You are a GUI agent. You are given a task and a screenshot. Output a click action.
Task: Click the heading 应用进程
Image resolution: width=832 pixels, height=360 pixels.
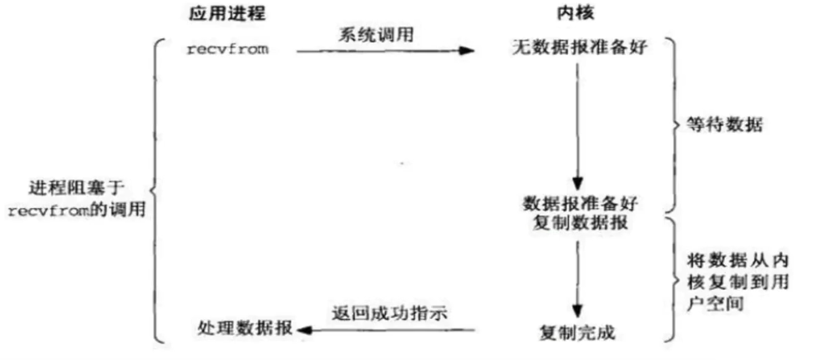click(x=227, y=14)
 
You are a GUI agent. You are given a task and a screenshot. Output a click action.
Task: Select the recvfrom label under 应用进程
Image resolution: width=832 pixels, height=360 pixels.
click(x=228, y=50)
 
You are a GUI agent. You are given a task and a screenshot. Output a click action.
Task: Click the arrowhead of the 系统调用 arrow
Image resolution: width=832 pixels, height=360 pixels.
click(x=466, y=51)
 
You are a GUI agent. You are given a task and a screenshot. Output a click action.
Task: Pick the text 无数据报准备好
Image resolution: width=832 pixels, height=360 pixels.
click(x=580, y=49)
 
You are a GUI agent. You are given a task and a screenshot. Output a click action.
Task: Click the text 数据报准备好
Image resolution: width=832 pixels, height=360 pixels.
click(x=581, y=203)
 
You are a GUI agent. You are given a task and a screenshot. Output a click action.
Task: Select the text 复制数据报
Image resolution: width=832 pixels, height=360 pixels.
click(x=580, y=223)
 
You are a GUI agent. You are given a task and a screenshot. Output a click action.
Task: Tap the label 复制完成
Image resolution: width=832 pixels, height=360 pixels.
click(x=577, y=333)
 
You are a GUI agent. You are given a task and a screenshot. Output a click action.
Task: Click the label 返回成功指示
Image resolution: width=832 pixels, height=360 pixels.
click(x=390, y=312)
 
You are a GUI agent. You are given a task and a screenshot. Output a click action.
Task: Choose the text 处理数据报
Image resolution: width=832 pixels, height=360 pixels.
click(x=245, y=328)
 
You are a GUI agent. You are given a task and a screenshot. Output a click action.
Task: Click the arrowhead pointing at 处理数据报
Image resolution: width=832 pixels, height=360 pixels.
click(x=306, y=329)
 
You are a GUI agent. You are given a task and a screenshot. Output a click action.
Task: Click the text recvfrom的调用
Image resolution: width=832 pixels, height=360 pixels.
click(x=76, y=210)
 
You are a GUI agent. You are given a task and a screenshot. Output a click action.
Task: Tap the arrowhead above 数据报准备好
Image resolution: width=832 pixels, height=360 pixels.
click(x=579, y=183)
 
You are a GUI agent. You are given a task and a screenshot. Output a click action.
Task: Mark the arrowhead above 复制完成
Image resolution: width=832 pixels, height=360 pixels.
click(x=579, y=312)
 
